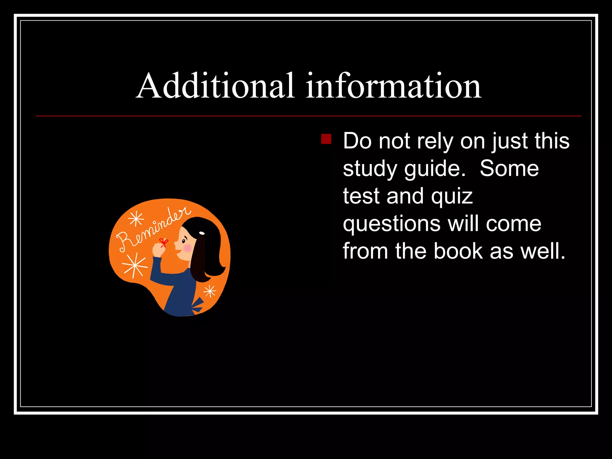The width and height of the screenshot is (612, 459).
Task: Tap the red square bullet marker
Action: (326, 139)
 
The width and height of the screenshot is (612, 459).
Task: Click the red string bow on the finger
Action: (163, 242)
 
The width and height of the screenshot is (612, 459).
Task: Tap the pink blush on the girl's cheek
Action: (187, 248)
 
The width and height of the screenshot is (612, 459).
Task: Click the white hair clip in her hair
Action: (202, 233)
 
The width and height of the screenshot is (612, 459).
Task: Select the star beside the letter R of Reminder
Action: (136, 219)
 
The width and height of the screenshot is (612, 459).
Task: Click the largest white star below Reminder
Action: (135, 265)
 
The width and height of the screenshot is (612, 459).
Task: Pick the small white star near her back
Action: (210, 291)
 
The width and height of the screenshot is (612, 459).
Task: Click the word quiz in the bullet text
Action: (452, 196)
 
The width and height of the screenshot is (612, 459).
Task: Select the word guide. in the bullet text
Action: (435, 169)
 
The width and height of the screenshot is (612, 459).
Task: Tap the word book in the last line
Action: (458, 251)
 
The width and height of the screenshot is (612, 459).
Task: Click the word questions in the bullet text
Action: (391, 224)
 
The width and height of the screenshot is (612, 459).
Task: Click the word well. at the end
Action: (543, 251)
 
